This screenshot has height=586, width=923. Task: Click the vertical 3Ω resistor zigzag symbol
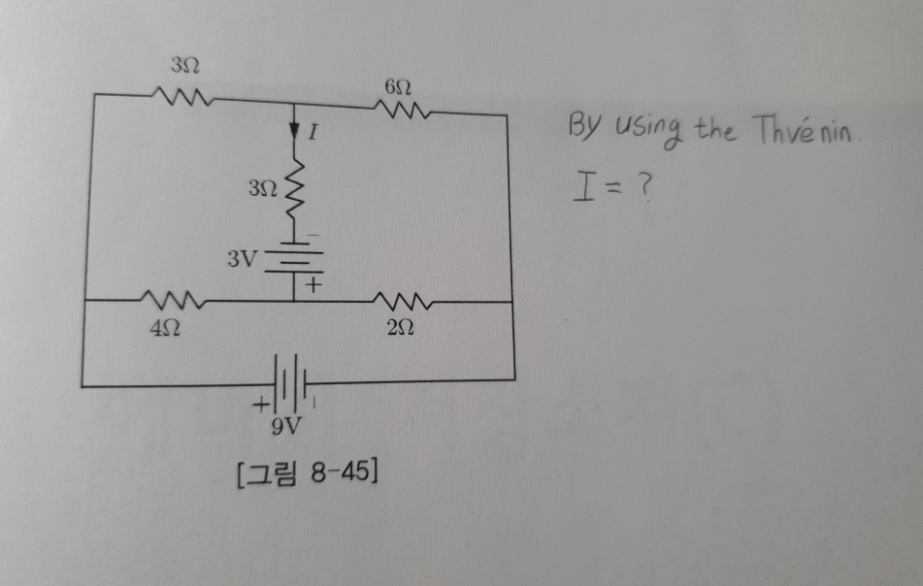(x=298, y=190)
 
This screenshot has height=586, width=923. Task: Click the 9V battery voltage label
(x=287, y=426)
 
